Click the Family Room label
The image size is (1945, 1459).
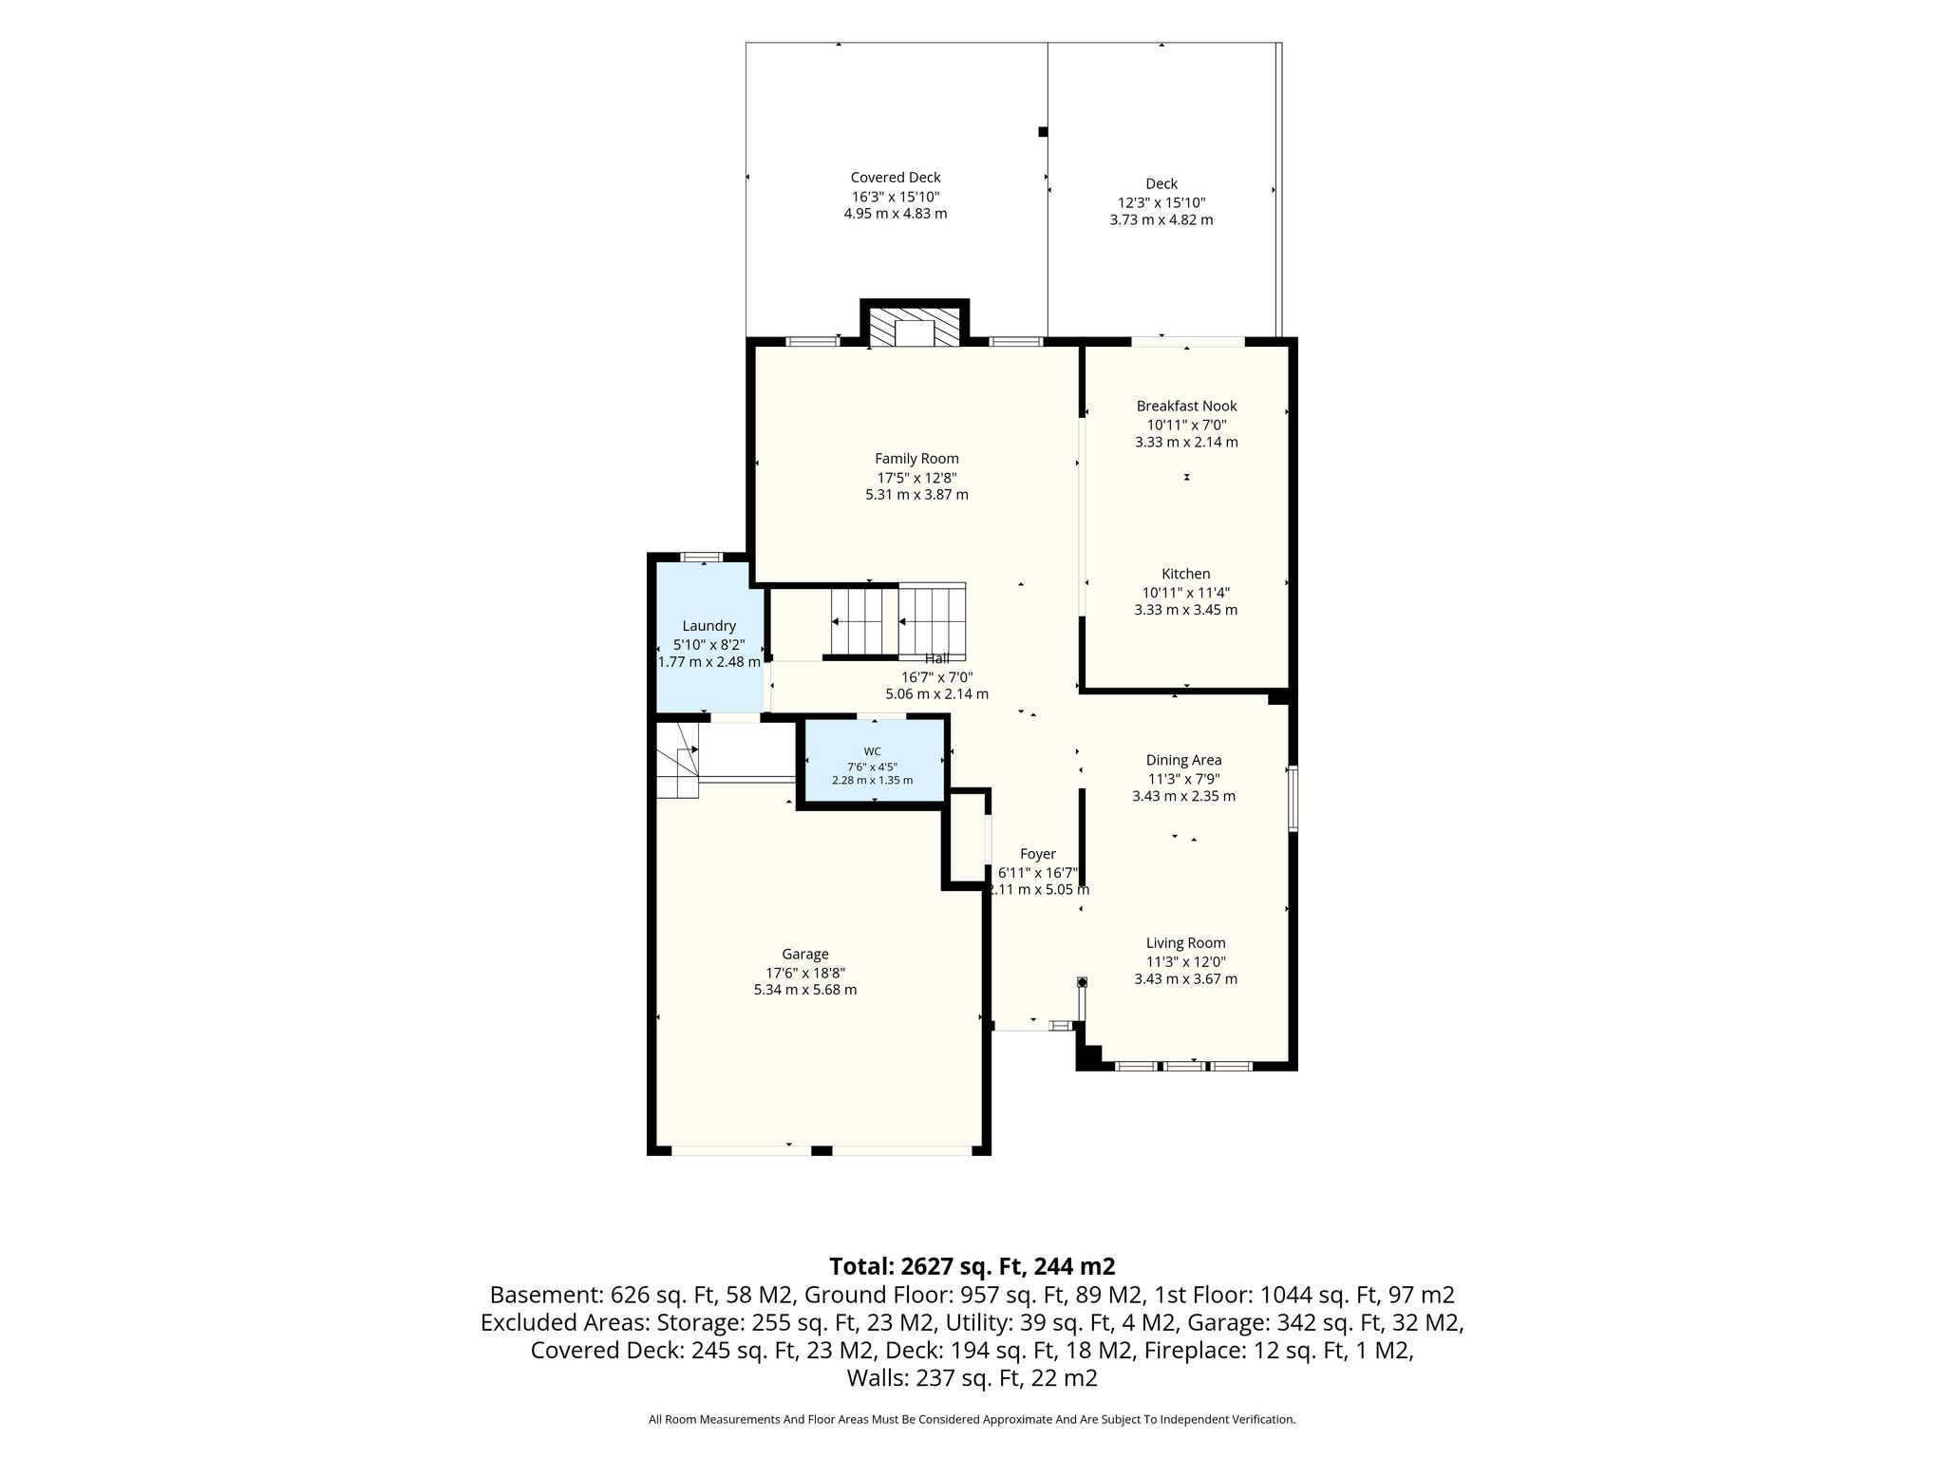click(x=916, y=459)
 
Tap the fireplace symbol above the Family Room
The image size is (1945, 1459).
click(x=916, y=326)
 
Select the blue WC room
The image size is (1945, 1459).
click(x=875, y=761)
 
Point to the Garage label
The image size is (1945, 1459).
click(x=805, y=955)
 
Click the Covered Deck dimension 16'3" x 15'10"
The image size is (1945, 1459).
click(x=896, y=197)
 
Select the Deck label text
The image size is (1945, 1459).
click(x=1161, y=184)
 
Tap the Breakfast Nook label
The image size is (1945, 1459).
click(x=1186, y=407)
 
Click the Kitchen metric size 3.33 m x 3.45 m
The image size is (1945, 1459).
click(x=1186, y=610)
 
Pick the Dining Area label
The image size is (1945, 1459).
click(x=1183, y=760)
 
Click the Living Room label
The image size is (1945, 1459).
click(x=1185, y=943)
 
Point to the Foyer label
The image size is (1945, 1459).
click(x=1038, y=855)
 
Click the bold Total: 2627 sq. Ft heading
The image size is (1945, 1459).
click(x=972, y=1266)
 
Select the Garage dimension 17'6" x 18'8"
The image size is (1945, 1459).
click(x=805, y=973)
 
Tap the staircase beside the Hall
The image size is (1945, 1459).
click(x=898, y=621)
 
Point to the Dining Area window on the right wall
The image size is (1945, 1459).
click(x=1293, y=799)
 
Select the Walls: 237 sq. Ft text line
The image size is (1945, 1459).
click(x=972, y=1378)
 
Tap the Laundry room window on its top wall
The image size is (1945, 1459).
click(x=702, y=557)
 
